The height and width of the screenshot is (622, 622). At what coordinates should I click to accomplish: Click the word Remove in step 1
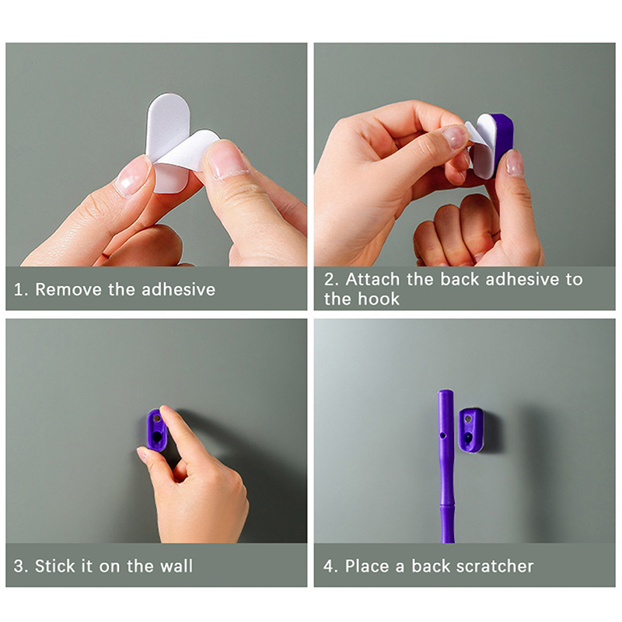(x=68, y=289)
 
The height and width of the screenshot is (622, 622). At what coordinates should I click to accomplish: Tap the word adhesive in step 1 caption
(x=179, y=289)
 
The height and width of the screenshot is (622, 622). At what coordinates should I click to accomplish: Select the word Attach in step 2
(x=373, y=279)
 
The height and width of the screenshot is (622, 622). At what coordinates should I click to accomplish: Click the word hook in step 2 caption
(x=379, y=299)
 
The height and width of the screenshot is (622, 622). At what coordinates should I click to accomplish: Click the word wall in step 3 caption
(x=176, y=566)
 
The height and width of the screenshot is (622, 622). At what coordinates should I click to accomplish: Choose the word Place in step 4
(x=367, y=566)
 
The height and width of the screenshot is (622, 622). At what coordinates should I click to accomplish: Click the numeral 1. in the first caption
(x=21, y=289)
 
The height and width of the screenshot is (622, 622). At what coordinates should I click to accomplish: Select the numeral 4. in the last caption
(x=330, y=566)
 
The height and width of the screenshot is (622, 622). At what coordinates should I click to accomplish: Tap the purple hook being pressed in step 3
(x=156, y=431)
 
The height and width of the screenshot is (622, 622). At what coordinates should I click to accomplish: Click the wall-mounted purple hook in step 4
(x=470, y=431)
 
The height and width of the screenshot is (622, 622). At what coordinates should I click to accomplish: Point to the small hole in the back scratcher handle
(x=442, y=435)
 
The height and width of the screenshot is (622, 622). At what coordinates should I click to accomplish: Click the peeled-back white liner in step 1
(x=186, y=151)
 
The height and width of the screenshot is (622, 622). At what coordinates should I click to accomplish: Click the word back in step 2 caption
(x=460, y=279)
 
